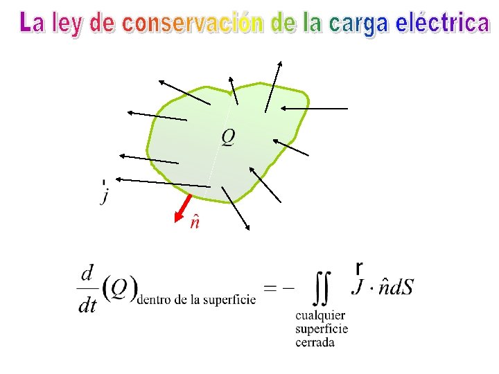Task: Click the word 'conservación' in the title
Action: tap(192, 24)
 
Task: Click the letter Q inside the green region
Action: tap(228, 137)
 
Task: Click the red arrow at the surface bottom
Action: tap(184, 206)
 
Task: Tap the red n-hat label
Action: tap(195, 222)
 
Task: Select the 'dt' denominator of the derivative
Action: tap(87, 305)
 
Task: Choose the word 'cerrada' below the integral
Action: tap(315, 342)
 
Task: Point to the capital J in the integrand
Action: tap(358, 286)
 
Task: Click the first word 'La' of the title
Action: tap(32, 24)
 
